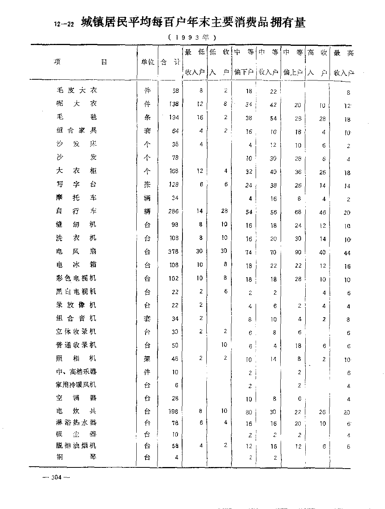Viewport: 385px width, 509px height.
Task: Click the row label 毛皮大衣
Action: click(x=77, y=90)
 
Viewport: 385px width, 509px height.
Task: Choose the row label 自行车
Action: click(x=77, y=211)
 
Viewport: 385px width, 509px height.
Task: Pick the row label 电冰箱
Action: click(x=77, y=265)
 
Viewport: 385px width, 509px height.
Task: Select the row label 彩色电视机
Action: click(x=77, y=278)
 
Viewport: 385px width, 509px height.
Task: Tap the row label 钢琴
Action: click(x=77, y=457)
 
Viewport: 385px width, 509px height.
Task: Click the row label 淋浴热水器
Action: click(x=77, y=422)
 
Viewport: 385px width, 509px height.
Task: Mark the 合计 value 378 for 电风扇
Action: click(x=174, y=252)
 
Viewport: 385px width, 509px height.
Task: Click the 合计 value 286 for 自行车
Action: click(x=174, y=211)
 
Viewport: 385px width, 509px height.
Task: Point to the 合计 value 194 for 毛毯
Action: click(x=174, y=117)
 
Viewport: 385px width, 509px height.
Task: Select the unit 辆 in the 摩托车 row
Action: click(x=147, y=198)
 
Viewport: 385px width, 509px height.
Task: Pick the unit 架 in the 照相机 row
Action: click(x=147, y=359)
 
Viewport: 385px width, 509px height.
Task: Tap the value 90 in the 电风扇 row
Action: click(x=298, y=252)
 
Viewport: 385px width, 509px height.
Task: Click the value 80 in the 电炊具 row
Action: click(x=249, y=412)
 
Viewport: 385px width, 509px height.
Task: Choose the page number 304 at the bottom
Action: click(x=56, y=477)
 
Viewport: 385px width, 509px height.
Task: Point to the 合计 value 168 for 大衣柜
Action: click(x=174, y=171)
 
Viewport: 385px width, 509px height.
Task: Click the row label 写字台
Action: click(x=77, y=184)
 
